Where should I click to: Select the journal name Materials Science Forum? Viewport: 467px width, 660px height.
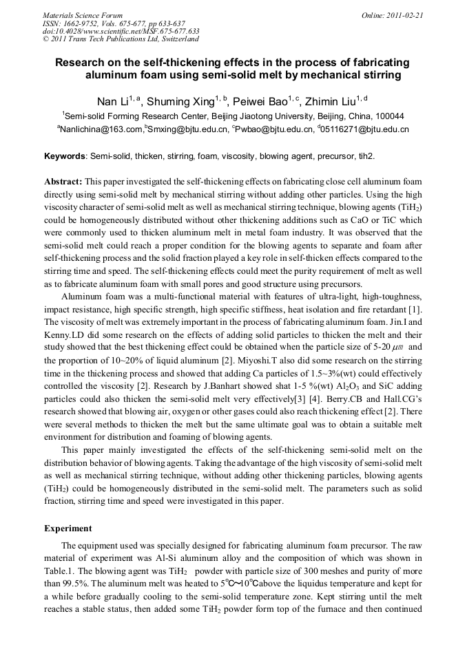click(x=83, y=14)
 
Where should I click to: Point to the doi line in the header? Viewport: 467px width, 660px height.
click(x=121, y=31)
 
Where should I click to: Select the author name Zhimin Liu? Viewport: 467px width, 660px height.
click(x=338, y=102)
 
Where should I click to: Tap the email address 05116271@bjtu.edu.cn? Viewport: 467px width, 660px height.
click(x=365, y=129)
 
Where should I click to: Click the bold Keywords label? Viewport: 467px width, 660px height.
click(x=65, y=156)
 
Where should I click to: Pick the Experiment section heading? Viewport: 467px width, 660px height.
click(x=68, y=529)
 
